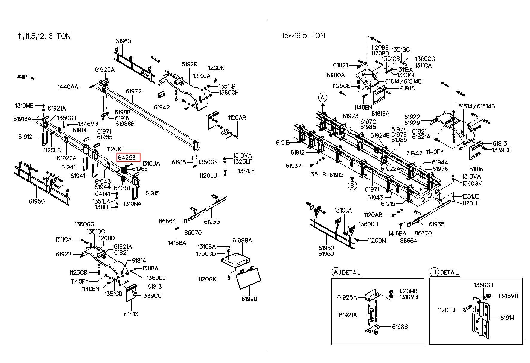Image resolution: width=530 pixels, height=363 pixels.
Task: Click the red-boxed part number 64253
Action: point(127,158)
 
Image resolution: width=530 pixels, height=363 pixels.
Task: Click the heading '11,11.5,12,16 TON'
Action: point(44,36)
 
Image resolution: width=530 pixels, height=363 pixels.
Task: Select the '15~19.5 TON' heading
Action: point(303,36)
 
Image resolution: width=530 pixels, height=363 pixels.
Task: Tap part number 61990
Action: point(249,299)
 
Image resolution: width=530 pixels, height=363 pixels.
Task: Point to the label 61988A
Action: point(242,240)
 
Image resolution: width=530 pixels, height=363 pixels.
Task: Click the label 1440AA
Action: point(68,87)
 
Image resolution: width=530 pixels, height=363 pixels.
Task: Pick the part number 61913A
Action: point(22,119)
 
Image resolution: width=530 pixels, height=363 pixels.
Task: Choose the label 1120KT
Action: point(115,149)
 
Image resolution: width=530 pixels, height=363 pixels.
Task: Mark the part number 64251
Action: point(122,188)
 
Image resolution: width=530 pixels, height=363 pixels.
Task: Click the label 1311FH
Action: point(103,207)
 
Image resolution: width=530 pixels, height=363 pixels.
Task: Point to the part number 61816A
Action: point(380,114)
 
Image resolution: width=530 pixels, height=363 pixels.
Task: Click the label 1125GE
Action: point(341,86)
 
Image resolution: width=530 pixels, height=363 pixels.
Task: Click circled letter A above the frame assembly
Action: point(322,98)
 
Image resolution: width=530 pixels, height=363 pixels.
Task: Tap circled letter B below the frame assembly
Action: point(352,185)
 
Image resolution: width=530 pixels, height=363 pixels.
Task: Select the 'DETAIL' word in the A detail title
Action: point(351,273)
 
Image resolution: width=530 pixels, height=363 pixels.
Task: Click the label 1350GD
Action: point(206,254)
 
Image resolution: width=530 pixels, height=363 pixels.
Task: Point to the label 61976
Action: point(440,169)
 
